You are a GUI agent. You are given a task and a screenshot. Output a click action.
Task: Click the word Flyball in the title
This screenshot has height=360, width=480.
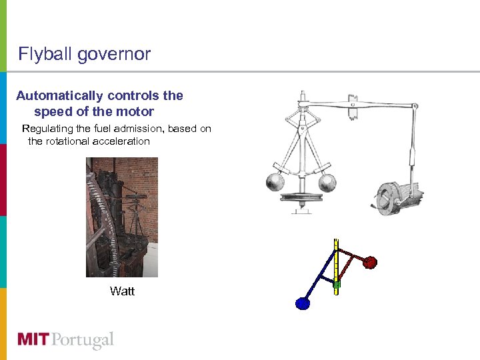coord(45,54)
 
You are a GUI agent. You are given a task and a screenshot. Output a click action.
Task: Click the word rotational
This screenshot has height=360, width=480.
coord(71,141)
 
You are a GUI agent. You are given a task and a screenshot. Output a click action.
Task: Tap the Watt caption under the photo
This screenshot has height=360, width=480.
coord(122,291)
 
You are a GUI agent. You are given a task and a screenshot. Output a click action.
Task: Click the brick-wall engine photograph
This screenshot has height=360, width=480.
coord(122,217)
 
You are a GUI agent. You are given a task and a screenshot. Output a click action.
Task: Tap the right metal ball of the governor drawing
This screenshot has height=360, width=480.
coord(328,181)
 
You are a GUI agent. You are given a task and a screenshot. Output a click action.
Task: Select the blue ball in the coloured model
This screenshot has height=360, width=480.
coord(303,304)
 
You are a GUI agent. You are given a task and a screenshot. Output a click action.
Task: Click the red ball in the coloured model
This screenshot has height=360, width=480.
coord(370,262)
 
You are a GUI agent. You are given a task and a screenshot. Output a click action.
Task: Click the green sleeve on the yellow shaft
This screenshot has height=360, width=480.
coord(337,285)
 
